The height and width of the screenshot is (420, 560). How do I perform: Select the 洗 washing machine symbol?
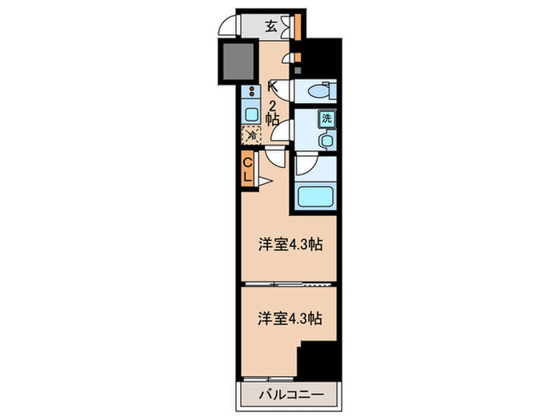pos(326,119)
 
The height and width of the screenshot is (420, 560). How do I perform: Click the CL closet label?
pos(248,170)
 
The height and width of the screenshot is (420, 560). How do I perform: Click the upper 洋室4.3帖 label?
pos(290,245)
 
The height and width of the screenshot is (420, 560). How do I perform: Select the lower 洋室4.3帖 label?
pos(290,318)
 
